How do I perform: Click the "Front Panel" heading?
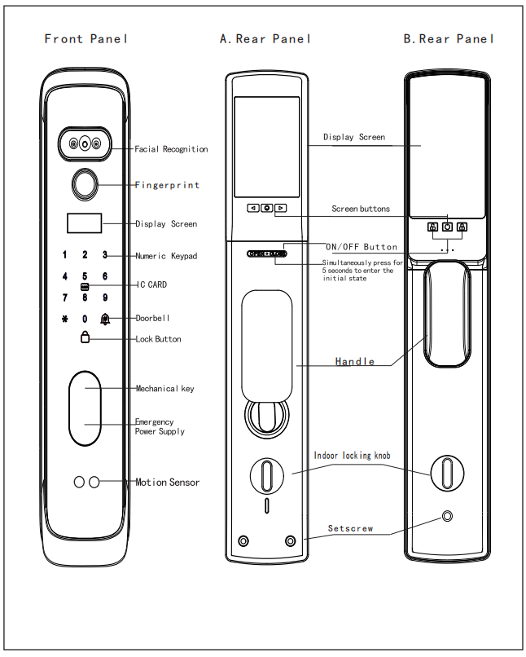point(86,38)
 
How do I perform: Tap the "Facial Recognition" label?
point(171,149)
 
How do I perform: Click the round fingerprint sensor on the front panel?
point(85,186)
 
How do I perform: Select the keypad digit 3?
point(105,255)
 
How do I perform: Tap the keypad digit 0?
point(85,319)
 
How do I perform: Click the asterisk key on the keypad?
point(64,319)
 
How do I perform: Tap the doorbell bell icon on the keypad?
point(105,319)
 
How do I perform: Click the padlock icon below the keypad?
point(85,338)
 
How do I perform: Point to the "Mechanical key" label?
point(164,389)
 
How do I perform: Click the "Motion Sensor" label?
point(167,483)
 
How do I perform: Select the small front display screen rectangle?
point(85,223)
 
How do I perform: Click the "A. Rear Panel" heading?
point(265,38)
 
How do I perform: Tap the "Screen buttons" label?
point(360,209)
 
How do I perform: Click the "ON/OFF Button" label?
point(362,247)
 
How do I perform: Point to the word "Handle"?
point(355,361)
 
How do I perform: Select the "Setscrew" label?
point(350,528)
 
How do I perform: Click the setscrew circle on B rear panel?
point(447,517)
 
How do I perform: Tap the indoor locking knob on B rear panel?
point(447,472)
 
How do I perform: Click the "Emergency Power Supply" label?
point(160,426)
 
